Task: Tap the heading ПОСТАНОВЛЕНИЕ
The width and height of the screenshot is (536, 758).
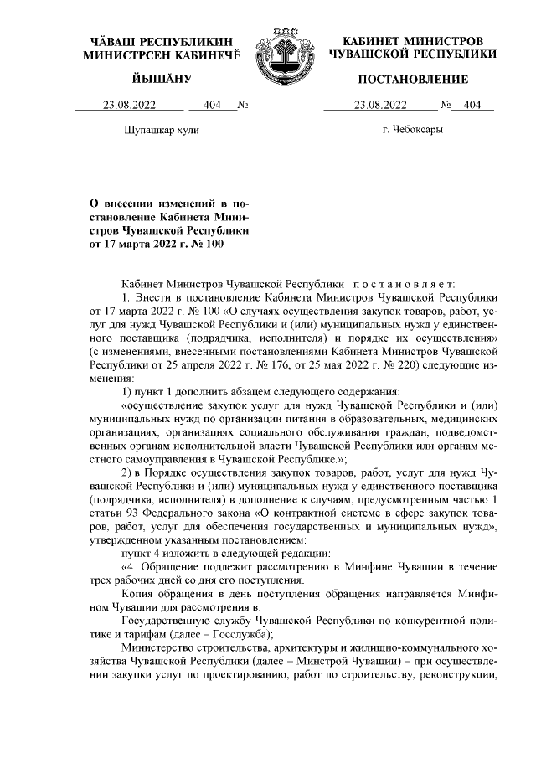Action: point(413,79)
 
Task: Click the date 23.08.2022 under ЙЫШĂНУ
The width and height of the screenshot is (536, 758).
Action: point(129,106)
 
